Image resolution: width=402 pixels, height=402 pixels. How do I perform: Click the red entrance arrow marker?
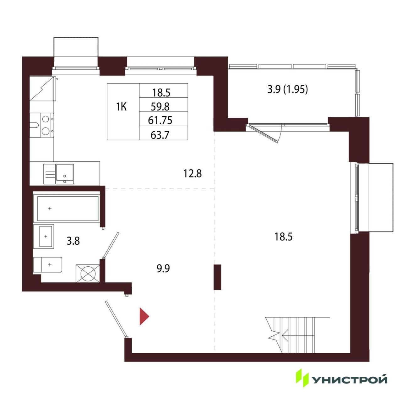click(144, 317)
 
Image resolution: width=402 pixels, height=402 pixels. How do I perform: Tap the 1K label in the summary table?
click(121, 107)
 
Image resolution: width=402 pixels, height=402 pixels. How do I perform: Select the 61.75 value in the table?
click(160, 120)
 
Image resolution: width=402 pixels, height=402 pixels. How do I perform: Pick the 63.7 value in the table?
click(160, 135)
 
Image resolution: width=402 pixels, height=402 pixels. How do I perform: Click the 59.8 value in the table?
click(160, 106)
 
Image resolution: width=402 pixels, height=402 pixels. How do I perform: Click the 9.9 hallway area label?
click(163, 269)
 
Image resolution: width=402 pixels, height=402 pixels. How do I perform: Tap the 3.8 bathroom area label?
click(73, 241)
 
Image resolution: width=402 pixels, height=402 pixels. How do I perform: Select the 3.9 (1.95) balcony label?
click(288, 90)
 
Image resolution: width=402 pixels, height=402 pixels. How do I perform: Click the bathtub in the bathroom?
click(68, 209)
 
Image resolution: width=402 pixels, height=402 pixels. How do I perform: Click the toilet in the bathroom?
click(48, 265)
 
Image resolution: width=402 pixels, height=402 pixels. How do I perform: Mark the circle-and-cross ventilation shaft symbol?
click(88, 274)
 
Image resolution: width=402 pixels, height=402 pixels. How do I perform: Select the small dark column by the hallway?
click(217, 277)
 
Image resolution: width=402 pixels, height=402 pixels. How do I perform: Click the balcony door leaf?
click(263, 134)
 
